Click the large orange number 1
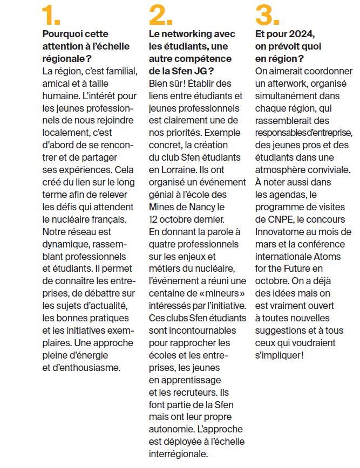(51, 16)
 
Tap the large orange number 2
(161, 16)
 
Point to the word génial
(162, 195)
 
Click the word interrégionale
(178, 455)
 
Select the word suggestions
(281, 331)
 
